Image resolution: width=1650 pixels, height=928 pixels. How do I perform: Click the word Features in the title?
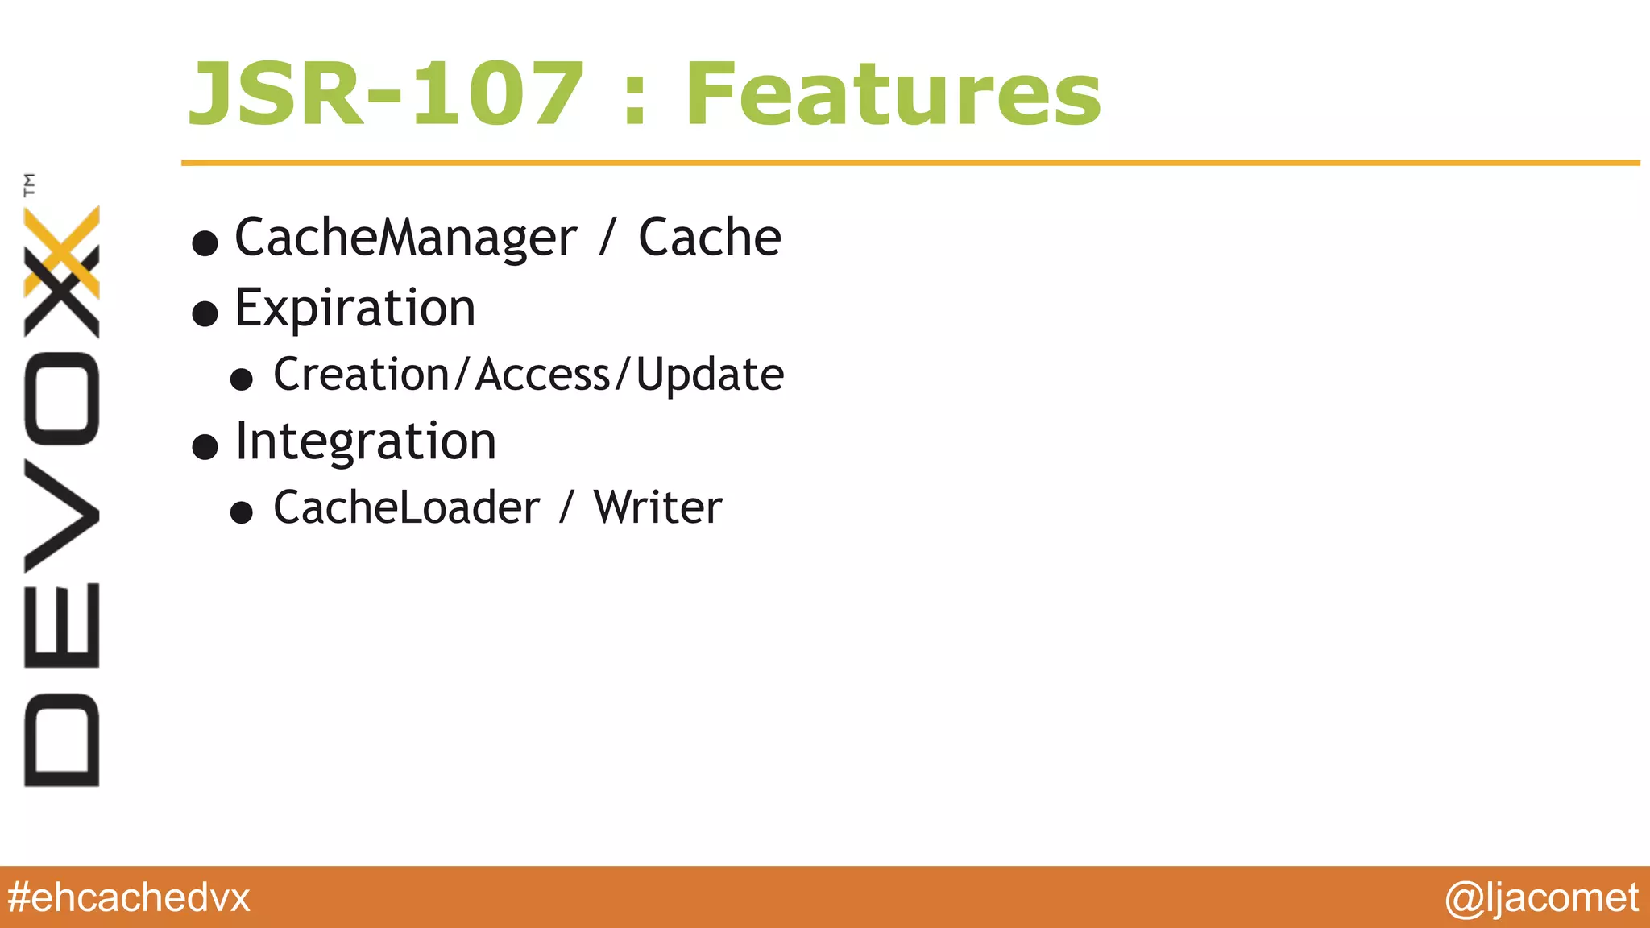893,95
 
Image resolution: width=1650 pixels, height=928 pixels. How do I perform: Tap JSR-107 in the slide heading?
386,95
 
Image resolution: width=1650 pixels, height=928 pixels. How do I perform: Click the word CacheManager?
405,238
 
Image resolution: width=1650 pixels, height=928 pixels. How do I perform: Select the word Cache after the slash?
709,238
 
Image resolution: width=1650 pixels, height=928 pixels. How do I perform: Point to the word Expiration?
355,309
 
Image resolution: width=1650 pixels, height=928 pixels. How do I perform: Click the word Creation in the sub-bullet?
361,375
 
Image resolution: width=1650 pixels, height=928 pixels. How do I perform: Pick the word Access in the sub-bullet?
543,375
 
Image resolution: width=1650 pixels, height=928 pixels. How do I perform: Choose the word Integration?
365,442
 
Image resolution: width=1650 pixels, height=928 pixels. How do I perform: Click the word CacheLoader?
406,507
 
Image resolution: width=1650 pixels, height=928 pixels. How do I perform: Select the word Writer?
657,507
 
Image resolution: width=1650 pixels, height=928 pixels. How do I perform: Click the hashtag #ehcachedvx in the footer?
129,897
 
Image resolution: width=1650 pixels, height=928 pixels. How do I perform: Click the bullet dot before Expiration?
205,313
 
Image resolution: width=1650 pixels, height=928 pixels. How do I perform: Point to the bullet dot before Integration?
205,446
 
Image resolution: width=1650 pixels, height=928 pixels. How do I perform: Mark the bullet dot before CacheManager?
205,242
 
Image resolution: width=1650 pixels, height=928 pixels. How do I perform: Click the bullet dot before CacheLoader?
242,512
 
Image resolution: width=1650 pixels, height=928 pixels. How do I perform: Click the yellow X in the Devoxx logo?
61,251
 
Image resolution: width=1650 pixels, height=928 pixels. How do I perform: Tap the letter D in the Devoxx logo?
61,739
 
